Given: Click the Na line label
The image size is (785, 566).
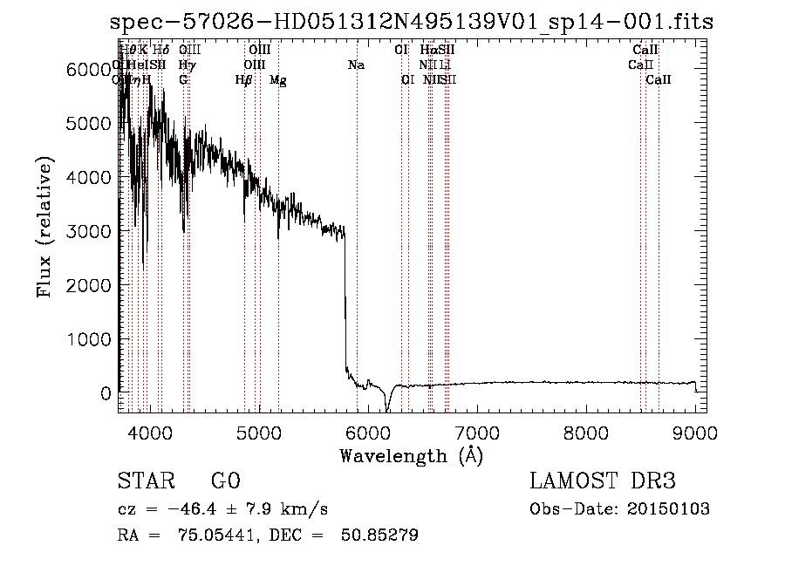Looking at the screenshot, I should click(356, 65).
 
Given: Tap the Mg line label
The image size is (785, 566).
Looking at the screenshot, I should click(278, 80).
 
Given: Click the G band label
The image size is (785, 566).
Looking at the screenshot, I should click(183, 80).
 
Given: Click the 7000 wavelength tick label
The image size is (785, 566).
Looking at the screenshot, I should click(476, 433).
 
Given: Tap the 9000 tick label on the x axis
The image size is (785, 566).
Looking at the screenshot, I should click(695, 433).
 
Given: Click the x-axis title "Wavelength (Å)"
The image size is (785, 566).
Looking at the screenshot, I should click(411, 455).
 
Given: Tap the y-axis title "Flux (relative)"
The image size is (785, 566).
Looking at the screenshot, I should click(44, 227).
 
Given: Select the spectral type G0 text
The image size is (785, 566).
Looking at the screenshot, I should click(225, 481).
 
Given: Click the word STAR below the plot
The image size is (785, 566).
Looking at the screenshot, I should click(147, 481).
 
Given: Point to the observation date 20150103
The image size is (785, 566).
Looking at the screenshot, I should click(673, 509).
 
